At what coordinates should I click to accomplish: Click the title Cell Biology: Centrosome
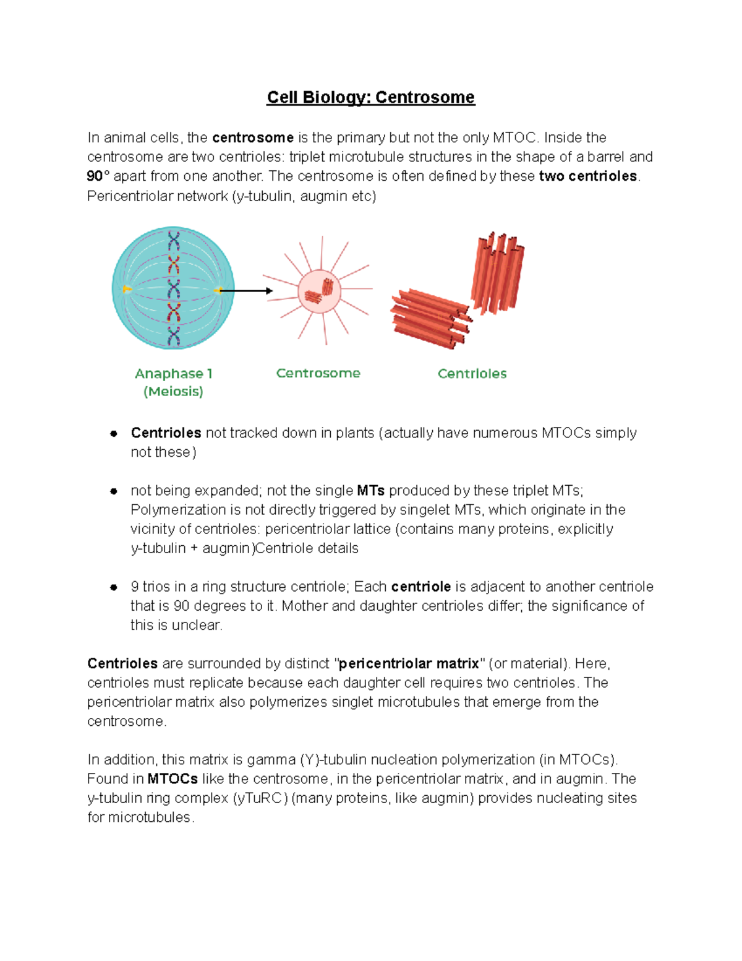click(370, 98)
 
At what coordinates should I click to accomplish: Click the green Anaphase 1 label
click(173, 374)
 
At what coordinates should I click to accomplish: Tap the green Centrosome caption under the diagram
click(318, 373)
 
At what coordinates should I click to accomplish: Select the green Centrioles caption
click(472, 374)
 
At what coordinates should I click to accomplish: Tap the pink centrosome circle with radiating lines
click(319, 291)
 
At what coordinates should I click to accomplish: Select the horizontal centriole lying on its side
click(430, 319)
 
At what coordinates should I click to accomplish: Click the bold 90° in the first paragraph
click(98, 176)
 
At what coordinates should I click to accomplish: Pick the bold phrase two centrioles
click(587, 176)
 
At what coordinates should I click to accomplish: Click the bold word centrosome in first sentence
click(252, 137)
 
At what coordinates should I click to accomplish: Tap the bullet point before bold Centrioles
click(114, 433)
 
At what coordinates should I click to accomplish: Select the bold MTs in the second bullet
click(371, 491)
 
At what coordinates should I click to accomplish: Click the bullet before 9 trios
click(114, 587)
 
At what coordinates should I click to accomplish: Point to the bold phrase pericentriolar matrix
click(409, 663)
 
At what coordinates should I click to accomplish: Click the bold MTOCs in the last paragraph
click(173, 778)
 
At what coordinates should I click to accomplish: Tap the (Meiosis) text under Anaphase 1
click(173, 392)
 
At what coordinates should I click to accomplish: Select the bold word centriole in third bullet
click(420, 587)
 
